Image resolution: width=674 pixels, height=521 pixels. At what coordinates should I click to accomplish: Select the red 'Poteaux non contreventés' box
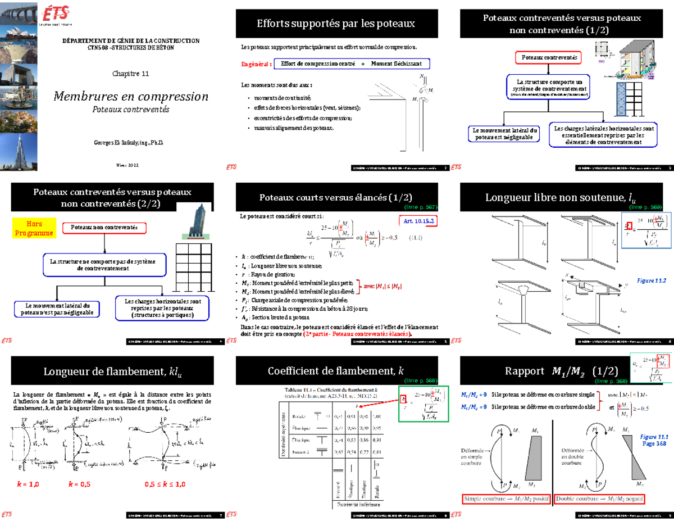pyautogui.click(x=104, y=228)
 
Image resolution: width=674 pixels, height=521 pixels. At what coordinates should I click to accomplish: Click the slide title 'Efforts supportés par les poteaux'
pyautogui.click(x=336, y=24)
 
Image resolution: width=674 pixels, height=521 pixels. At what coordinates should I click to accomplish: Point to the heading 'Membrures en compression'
pyautogui.click(x=130, y=96)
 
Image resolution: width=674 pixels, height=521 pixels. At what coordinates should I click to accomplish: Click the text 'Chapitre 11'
pyautogui.click(x=130, y=74)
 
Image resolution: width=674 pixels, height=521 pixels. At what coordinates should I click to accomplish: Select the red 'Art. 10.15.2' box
pyautogui.click(x=418, y=221)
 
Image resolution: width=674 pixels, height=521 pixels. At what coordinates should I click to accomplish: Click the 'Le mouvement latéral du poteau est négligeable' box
pyautogui.click(x=503, y=134)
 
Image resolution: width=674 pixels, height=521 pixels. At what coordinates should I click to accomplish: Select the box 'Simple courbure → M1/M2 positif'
pyautogui.click(x=506, y=499)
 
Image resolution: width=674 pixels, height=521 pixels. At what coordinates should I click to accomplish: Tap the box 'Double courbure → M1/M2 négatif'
pyautogui.click(x=598, y=499)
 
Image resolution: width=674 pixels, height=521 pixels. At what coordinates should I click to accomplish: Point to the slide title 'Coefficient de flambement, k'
pyautogui.click(x=336, y=370)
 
